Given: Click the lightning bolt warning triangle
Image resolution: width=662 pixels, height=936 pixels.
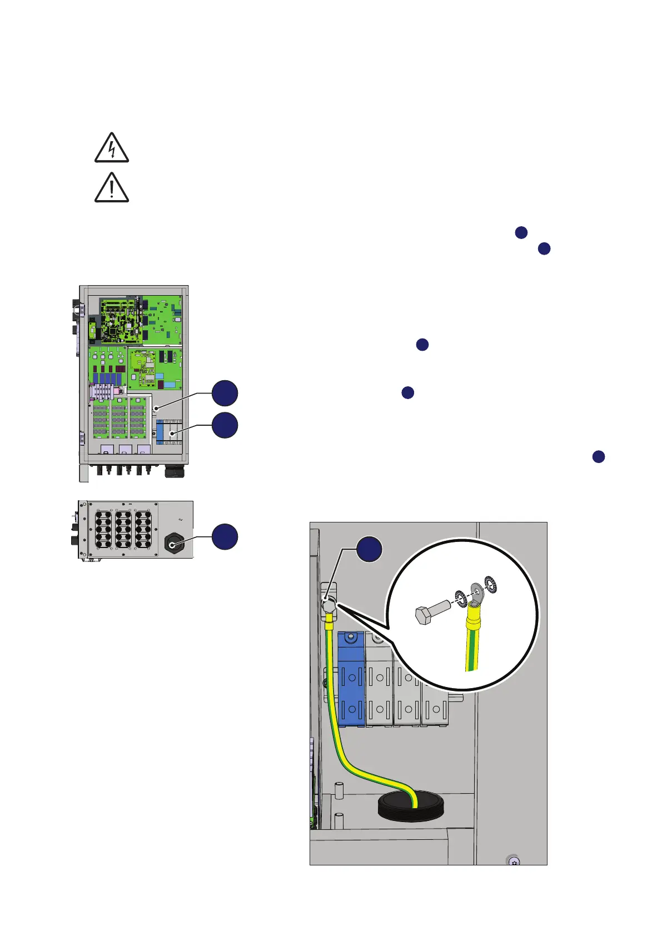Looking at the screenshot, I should click(112, 148).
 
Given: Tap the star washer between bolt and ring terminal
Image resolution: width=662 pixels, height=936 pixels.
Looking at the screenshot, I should click(461, 598).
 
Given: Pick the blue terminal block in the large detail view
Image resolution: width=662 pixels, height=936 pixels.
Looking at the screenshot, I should click(351, 679).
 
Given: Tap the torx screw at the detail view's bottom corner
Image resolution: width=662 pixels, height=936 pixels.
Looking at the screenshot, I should click(514, 862).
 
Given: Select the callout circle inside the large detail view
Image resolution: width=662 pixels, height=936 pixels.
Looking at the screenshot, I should click(369, 549).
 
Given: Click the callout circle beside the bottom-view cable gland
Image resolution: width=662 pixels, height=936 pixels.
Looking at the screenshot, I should click(225, 536).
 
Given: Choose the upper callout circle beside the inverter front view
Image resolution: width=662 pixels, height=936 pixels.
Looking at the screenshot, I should click(225, 394).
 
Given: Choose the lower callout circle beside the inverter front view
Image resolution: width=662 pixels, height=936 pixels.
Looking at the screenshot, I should click(225, 425).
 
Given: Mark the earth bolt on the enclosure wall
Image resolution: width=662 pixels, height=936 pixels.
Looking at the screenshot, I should click(329, 604).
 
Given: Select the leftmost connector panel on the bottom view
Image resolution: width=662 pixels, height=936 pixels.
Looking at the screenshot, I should click(103, 529).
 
